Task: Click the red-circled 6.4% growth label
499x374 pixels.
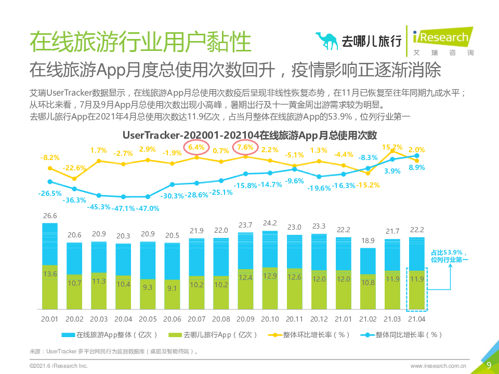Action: click(x=196, y=148)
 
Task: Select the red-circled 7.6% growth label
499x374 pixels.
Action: click(x=245, y=148)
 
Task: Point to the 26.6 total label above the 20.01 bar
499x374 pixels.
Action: click(x=50, y=216)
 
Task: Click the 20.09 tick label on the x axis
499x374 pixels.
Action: click(x=246, y=318)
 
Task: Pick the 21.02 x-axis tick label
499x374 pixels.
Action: click(x=368, y=318)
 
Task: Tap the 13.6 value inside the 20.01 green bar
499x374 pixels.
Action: click(x=50, y=273)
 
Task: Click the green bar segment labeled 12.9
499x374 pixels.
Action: click(x=270, y=276)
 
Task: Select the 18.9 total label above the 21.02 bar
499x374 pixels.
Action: click(x=368, y=241)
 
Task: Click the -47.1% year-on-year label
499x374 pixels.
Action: click(x=124, y=208)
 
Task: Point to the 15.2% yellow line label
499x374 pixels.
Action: click(x=392, y=147)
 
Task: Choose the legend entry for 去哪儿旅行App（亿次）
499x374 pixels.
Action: click(x=202, y=335)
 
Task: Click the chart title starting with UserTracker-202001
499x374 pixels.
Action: click(x=249, y=135)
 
